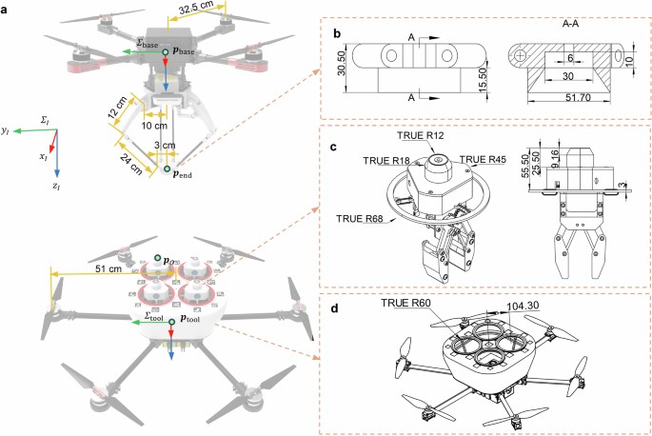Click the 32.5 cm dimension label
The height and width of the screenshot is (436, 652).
tap(196, 8)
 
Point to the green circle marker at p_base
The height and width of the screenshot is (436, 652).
tap(166, 51)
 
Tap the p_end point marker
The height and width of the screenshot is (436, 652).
tap(167, 168)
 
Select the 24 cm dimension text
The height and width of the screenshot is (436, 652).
tap(130, 164)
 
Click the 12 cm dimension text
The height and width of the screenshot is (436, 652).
tap(118, 109)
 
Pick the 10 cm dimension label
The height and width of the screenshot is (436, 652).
tap(154, 126)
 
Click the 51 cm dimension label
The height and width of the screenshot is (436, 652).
tap(109, 268)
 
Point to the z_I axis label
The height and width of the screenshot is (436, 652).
tap(56, 187)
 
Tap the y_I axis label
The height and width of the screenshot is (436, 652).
tap(6, 131)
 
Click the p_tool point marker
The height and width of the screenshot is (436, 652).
tap(171, 322)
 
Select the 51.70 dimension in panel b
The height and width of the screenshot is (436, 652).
tap(578, 98)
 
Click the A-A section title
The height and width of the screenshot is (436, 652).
tap(570, 24)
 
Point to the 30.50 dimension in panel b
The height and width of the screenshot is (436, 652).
tap(342, 63)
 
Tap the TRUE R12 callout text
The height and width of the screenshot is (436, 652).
tap(421, 135)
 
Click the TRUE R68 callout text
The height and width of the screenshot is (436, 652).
tap(360, 218)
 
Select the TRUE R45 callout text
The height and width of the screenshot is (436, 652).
tap(483, 159)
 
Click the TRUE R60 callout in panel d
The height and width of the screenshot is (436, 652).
tap(405, 303)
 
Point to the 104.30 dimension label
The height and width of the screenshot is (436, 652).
tap(523, 306)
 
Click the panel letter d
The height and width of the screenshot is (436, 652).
tap(333, 308)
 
